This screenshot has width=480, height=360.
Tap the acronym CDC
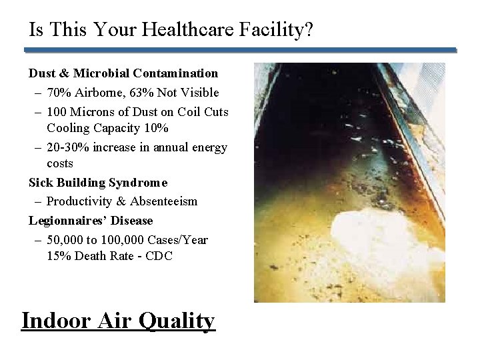pos(159,256)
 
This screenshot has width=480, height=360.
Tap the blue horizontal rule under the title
pos(240,50)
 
